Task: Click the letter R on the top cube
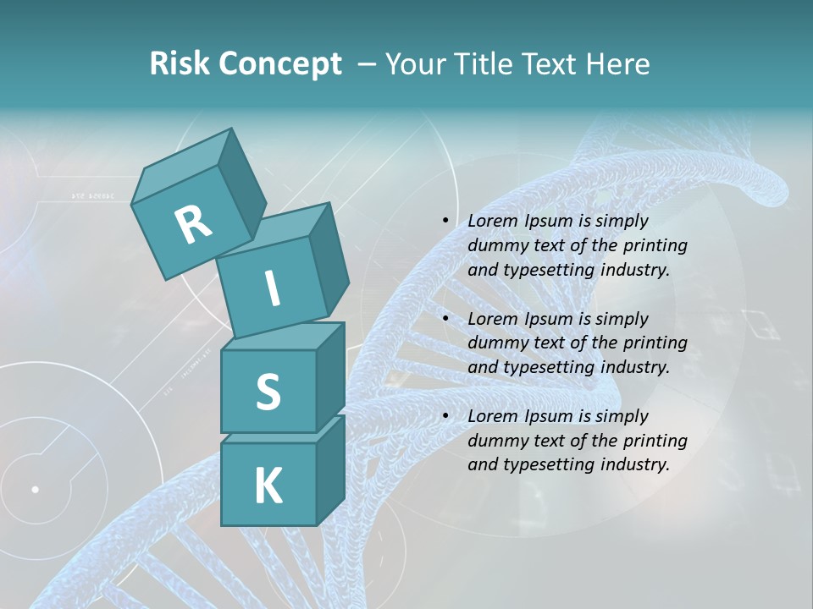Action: [x=194, y=224]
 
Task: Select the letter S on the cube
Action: [x=268, y=392]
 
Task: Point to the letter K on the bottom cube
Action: [x=268, y=486]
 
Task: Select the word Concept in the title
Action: [x=279, y=64]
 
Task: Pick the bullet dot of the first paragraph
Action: [x=445, y=221]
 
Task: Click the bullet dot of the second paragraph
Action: [x=445, y=319]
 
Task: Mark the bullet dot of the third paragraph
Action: [x=445, y=416]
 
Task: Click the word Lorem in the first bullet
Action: [x=492, y=221]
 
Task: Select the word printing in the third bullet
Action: [x=654, y=441]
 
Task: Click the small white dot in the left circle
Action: [x=36, y=489]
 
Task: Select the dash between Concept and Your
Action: [x=368, y=64]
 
